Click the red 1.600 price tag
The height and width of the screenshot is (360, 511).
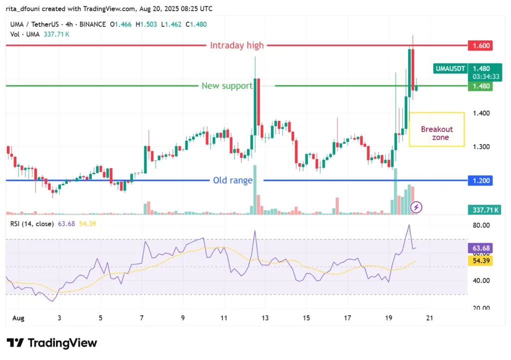481,45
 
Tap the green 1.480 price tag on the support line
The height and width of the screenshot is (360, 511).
481,86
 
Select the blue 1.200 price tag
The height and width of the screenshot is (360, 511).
481,180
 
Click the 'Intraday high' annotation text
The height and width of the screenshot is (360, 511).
237,45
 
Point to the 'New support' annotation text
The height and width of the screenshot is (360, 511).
227,86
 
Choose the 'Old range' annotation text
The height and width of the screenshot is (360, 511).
233,180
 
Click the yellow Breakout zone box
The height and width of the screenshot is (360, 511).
437,129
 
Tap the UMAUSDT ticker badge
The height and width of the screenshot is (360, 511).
450,68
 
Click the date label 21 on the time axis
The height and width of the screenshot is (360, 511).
430,318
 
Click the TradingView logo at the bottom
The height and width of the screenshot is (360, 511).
52,343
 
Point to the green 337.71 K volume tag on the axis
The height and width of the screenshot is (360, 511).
484,210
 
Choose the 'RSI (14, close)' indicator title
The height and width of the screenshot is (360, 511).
32,224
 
